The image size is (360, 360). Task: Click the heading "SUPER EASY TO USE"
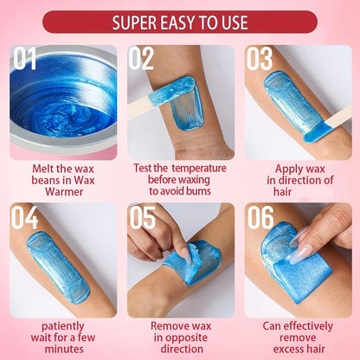(x=180, y=22)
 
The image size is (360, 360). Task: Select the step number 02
(x=142, y=60)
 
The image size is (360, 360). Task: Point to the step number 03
(x=260, y=60)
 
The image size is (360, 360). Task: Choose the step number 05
(x=142, y=218)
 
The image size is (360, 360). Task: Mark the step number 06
(x=260, y=218)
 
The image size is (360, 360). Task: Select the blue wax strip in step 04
(x=59, y=267)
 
